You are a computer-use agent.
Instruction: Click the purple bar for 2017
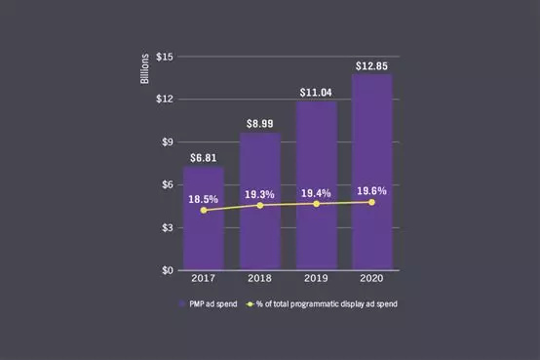[x=204, y=234]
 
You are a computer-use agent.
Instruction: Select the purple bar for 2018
[x=259, y=234]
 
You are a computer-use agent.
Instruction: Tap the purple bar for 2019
[x=316, y=234]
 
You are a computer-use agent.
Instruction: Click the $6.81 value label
[x=204, y=157]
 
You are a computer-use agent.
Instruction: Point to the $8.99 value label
[x=259, y=124]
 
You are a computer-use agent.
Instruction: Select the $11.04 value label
[x=316, y=92]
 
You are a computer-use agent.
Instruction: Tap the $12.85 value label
[x=372, y=65]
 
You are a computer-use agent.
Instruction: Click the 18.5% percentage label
[x=204, y=199]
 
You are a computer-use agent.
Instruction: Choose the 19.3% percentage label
[x=259, y=194]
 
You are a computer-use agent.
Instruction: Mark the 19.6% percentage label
[x=372, y=191]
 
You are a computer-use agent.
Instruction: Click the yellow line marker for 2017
[x=204, y=211]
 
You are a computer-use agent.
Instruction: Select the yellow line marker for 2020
[x=372, y=202]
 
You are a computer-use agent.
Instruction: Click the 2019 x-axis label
[x=316, y=279]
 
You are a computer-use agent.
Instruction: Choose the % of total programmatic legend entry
[x=327, y=304]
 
